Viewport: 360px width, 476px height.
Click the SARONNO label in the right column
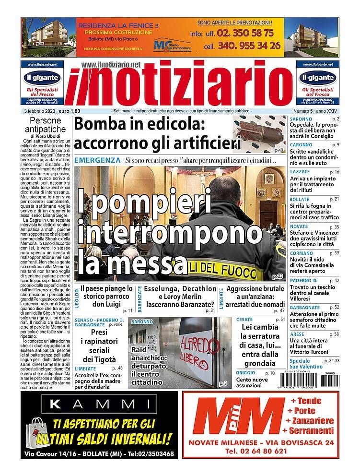[x=301, y=119]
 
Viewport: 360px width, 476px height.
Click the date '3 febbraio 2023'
[x=40, y=111]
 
